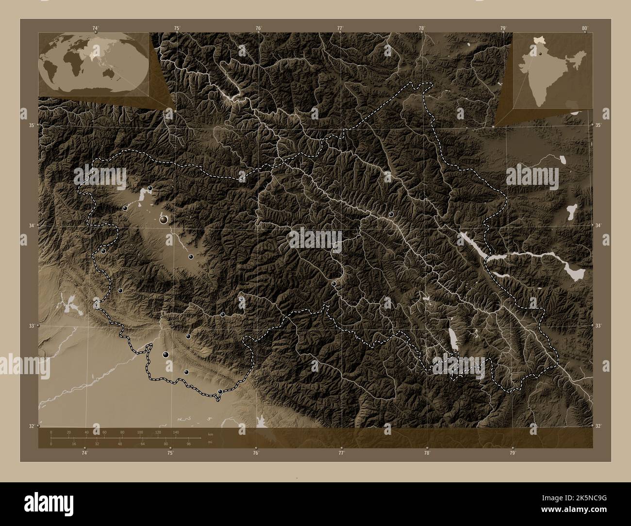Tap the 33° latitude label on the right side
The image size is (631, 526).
click(599, 326)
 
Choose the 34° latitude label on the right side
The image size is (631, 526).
click(599, 226)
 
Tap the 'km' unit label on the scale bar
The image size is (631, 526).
click(210, 434)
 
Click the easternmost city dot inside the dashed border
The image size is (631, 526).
click(391, 214)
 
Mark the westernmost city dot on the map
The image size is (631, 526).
click(103, 251)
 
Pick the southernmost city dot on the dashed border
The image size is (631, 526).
click(220, 391)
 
